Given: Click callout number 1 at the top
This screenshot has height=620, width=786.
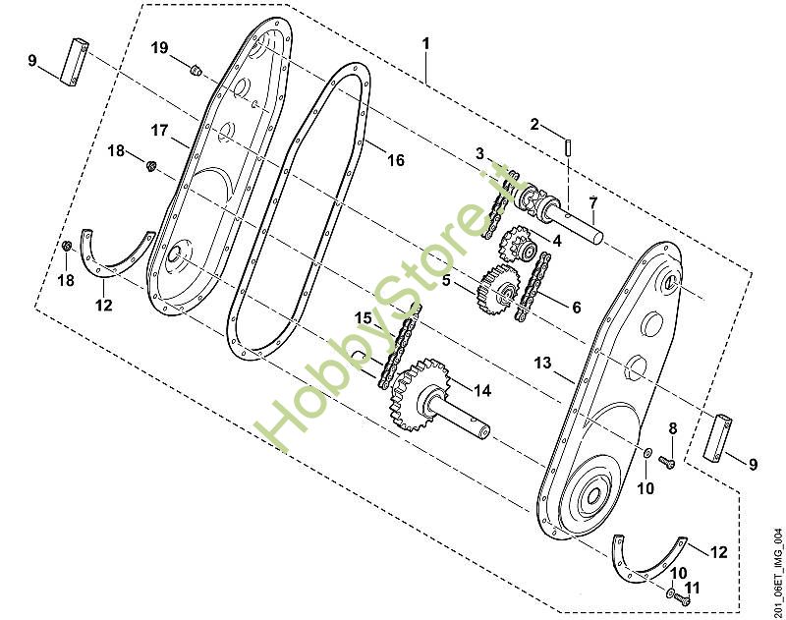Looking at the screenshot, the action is point(425,44).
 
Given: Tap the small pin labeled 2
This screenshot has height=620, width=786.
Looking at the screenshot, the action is point(568,147).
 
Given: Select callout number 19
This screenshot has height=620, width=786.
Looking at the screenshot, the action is point(160,48).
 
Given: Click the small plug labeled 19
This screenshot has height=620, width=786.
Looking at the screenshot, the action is point(196,70).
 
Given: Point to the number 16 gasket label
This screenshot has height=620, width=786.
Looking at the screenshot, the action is point(396,160).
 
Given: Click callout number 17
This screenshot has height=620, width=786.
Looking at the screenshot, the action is point(160,131).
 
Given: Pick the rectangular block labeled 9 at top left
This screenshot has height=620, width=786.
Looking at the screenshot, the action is point(75,61).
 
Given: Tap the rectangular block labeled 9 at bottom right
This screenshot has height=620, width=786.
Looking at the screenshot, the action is point(717,437).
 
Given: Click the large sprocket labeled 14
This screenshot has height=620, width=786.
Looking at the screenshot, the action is point(421,394).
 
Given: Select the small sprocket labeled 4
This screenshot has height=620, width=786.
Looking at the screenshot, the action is point(518,245).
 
